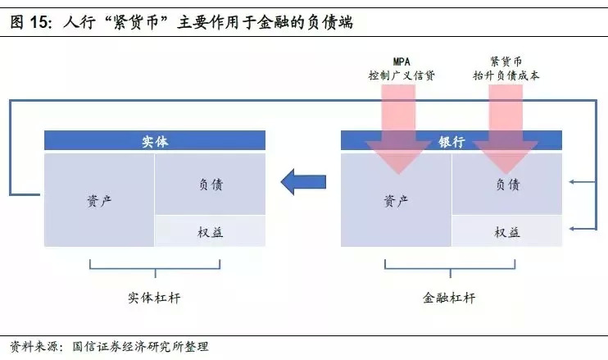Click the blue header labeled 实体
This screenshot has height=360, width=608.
[x=155, y=141]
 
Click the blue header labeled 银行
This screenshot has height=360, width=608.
[x=451, y=141]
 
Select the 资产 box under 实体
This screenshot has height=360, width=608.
[x=98, y=199]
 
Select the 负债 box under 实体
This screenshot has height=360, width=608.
[x=210, y=184]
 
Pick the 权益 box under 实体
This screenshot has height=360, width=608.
[x=210, y=231]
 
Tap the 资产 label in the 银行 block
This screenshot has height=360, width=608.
[x=396, y=199]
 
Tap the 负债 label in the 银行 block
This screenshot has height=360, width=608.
[x=507, y=185]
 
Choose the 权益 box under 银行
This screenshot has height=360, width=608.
[x=507, y=231]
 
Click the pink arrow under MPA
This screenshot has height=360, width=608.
[x=399, y=123]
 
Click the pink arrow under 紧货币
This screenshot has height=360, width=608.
[x=505, y=123]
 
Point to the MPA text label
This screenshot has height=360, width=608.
[x=401, y=62]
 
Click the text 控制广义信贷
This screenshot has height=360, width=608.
[x=401, y=75]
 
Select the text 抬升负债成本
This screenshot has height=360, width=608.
[x=506, y=75]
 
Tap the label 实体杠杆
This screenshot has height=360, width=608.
[x=155, y=298]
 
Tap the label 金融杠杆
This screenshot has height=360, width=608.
[x=451, y=298]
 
